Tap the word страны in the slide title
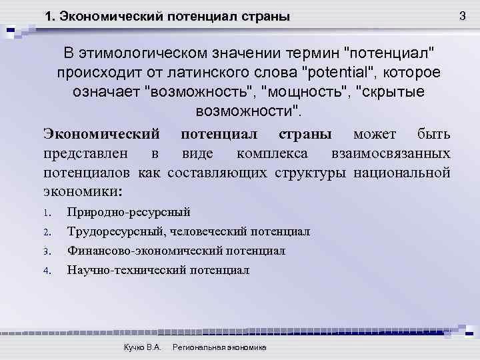coord(265,17)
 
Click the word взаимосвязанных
coord(391,153)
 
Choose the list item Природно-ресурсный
coord(128,213)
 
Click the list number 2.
coord(47,233)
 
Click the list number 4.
coord(47,271)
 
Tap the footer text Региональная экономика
coord(219,348)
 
